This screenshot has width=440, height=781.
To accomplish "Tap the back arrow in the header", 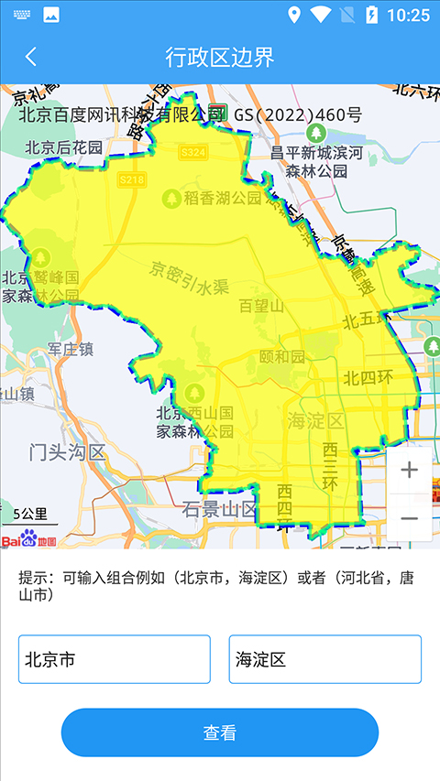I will point(31,57).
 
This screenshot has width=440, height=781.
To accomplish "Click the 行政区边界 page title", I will point(220,57).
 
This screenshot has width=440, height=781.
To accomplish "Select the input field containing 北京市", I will point(115,659).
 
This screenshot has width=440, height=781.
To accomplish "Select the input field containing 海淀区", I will point(325,659).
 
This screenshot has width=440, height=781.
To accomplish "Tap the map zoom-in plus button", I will point(409,471).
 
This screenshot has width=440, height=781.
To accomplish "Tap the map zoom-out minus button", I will point(409,518).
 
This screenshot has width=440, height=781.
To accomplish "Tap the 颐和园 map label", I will point(280,356).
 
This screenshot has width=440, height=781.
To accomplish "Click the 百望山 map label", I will point(261,306).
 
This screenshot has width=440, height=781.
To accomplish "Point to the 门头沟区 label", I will point(68,451).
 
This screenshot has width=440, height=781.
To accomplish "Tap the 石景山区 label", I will point(218,508).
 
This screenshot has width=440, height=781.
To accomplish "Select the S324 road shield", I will point(193,152).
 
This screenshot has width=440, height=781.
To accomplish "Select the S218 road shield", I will point(132,180).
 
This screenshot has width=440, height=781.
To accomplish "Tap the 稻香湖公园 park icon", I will point(170,197).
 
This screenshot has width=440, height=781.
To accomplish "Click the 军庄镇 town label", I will point(71,349).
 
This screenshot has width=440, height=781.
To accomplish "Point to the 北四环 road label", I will point(368,377).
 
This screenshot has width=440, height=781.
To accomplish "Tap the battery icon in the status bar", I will point(371,15).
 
